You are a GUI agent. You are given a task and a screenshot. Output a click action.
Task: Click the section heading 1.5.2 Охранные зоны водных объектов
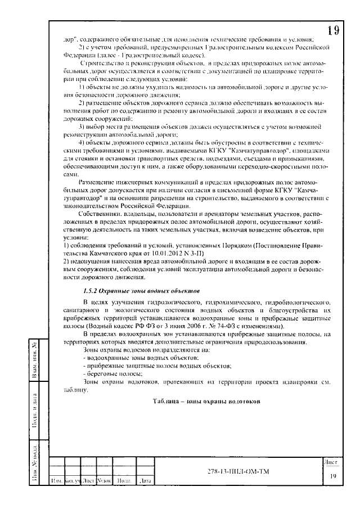(138, 291)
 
